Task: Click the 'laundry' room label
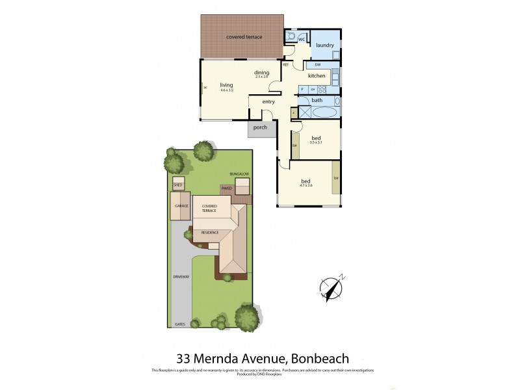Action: coord(325,45)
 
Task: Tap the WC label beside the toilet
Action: coord(302,40)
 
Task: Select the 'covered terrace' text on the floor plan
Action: coord(244,37)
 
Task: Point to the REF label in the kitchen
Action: coord(285,65)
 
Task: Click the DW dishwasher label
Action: coord(317,65)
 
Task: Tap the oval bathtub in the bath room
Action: coord(324,112)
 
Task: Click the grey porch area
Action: coord(260,127)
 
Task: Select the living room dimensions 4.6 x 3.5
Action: coord(226,90)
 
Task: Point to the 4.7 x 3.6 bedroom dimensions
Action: coord(306,187)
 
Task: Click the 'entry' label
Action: coord(268,101)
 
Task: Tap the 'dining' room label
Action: coord(261,72)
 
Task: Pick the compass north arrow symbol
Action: coord(331,287)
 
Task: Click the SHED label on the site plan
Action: coord(177,185)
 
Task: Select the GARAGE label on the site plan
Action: coord(181,205)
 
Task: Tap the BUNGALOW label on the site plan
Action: coord(239,174)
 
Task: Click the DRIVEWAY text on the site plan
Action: coord(181,277)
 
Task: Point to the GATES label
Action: coord(180,324)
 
